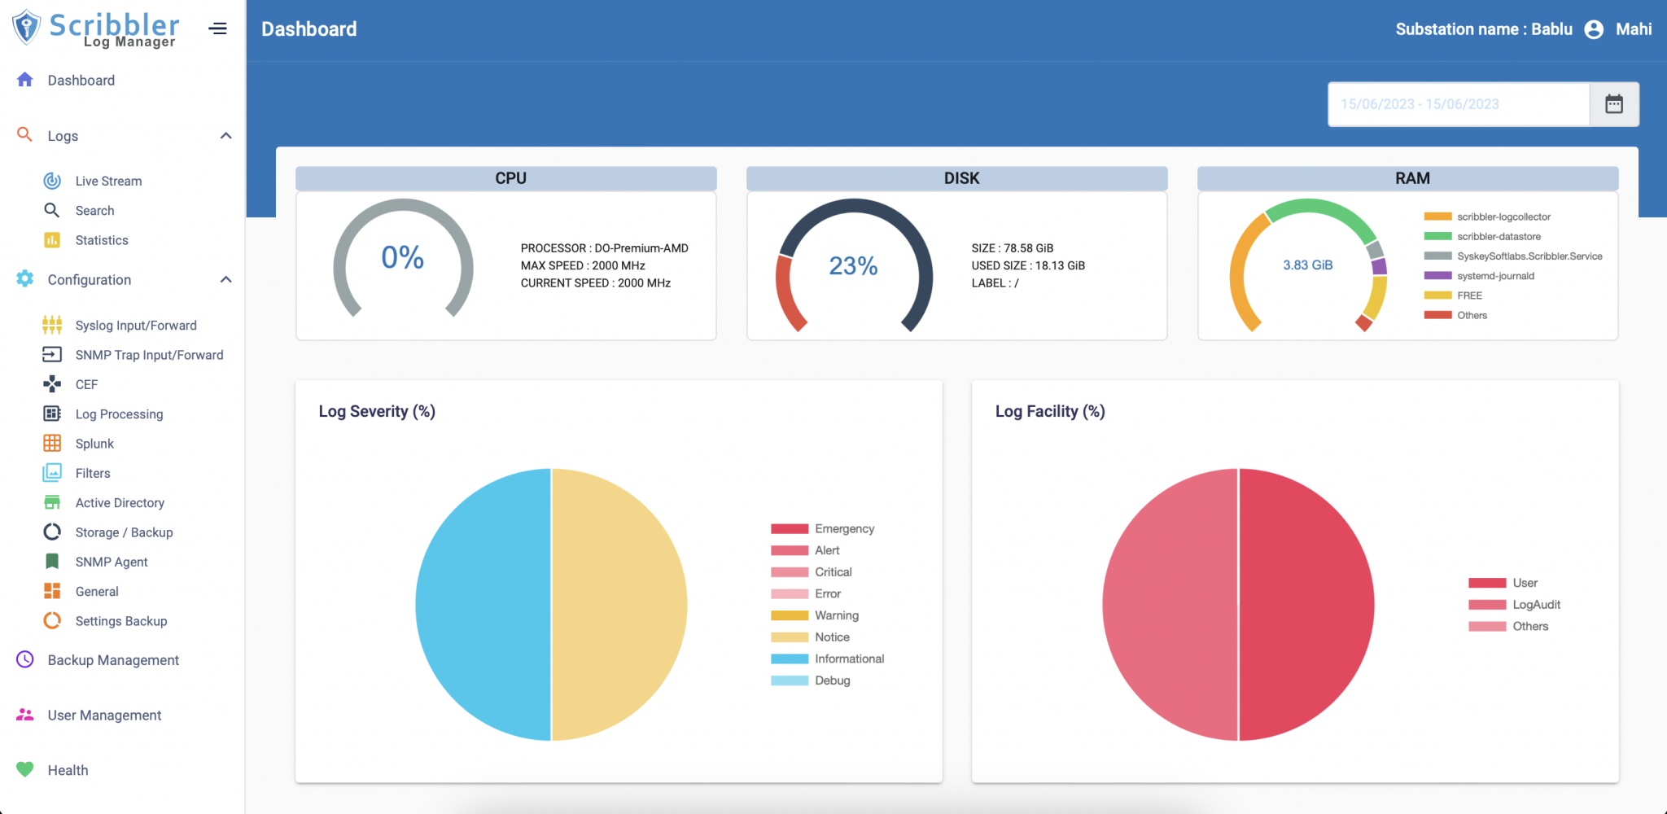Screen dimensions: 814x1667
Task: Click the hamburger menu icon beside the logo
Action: point(217,28)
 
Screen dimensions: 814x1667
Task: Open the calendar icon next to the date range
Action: point(1613,104)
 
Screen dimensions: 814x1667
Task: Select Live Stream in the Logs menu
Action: point(108,181)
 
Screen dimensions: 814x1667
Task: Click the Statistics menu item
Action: point(102,240)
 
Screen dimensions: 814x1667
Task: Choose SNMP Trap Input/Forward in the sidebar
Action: point(149,355)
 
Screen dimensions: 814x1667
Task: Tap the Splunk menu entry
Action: point(94,444)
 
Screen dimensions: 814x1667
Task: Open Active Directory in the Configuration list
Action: point(120,503)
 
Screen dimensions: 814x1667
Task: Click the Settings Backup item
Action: point(121,621)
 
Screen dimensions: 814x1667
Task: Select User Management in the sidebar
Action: point(104,715)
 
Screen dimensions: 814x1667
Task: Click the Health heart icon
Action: point(25,769)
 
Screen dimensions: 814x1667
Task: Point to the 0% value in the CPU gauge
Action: point(402,258)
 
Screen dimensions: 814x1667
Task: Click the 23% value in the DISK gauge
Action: point(853,266)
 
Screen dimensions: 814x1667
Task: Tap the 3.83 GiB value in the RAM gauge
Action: point(1307,265)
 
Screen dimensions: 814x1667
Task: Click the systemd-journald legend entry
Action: point(1494,276)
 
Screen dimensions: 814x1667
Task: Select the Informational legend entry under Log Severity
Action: point(849,659)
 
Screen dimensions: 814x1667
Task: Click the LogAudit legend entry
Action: point(1536,605)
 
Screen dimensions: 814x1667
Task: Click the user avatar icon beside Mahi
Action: point(1594,29)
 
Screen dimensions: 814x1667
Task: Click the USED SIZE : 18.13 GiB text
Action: point(1027,265)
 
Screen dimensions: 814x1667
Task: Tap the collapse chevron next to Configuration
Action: point(226,279)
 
